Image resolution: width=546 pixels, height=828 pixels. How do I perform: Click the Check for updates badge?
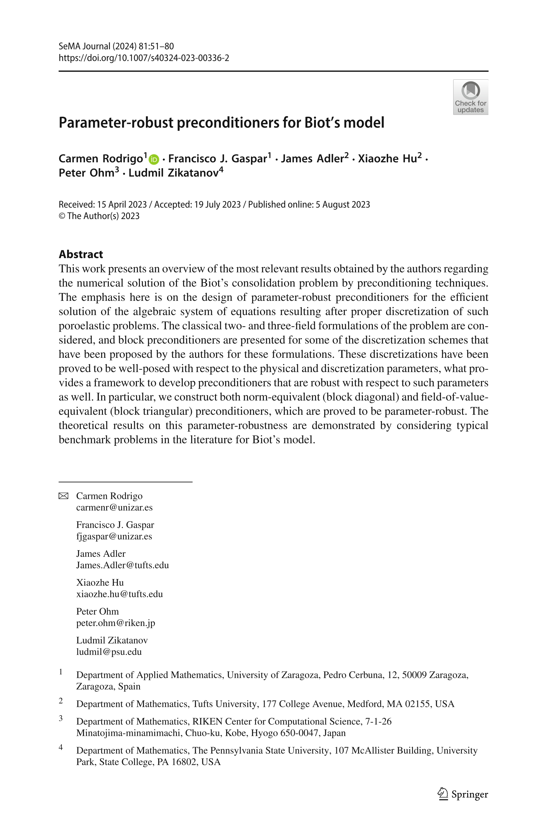coord(470,97)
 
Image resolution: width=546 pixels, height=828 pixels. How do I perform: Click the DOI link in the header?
coord(144,58)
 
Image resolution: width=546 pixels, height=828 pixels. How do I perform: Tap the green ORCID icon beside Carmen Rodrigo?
coord(154,159)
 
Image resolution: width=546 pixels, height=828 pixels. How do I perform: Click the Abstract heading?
coord(81,254)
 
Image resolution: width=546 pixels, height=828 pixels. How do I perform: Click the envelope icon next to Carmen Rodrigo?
coord(63,496)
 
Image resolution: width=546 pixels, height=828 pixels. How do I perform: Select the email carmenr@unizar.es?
coord(114,507)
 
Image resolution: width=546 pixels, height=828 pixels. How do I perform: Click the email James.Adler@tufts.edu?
coord(122,565)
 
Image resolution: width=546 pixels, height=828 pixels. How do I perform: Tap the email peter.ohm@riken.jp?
coord(115,623)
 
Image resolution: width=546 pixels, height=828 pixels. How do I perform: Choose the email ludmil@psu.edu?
coord(109,652)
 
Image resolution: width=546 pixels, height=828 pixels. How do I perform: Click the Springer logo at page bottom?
coord(463,794)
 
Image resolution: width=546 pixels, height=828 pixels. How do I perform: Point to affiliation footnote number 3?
coord(61,718)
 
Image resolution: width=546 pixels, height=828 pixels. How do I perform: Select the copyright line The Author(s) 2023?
coord(99,216)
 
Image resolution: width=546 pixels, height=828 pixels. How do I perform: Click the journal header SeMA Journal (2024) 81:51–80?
coord(116,46)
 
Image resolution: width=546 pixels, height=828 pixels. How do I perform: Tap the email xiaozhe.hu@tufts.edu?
coord(119,594)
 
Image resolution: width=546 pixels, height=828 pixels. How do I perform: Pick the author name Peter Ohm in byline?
coord(86,172)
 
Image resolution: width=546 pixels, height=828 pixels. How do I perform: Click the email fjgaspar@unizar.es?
coord(114,536)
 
